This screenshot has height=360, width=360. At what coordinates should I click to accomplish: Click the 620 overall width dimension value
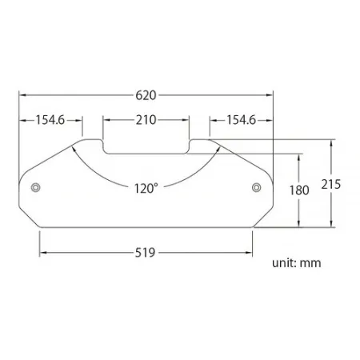click(x=146, y=94)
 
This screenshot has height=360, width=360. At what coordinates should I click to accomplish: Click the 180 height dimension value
click(x=300, y=190)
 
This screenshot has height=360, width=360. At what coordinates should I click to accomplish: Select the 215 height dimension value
click(x=330, y=183)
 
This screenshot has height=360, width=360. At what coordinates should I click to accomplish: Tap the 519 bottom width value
click(x=146, y=251)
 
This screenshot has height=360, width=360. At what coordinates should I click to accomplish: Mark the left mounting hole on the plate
click(x=34, y=188)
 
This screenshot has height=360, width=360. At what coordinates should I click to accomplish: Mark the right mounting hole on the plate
click(x=256, y=188)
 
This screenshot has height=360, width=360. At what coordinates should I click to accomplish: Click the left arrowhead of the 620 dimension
click(x=22, y=94)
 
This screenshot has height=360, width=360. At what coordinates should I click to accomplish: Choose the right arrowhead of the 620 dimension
click(x=270, y=94)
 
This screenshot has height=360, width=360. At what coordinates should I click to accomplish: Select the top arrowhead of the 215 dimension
click(x=330, y=141)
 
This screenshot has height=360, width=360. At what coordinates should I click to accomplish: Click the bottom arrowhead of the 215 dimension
click(x=330, y=226)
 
